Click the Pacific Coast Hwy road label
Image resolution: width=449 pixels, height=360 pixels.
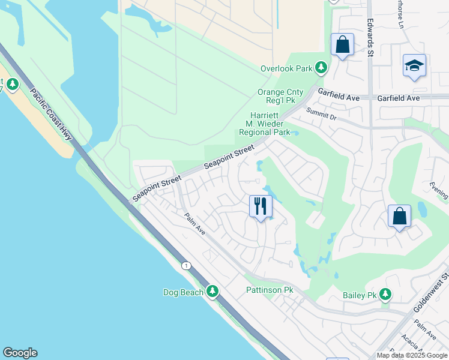pyautogui.click(x=51, y=115)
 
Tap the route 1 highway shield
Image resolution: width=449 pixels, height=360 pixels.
pyautogui.click(x=187, y=265)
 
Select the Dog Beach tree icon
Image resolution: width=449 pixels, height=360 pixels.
pyautogui.click(x=212, y=292)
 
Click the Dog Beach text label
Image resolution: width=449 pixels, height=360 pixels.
pyautogui.click(x=183, y=292)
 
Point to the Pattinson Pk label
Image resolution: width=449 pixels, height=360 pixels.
pyautogui.click(x=270, y=290)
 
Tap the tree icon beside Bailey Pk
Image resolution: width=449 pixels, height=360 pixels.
pyautogui.click(x=385, y=295)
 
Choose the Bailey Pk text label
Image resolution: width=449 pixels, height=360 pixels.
pyautogui.click(x=359, y=295)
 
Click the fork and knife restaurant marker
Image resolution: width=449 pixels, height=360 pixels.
pyautogui.click(x=261, y=206)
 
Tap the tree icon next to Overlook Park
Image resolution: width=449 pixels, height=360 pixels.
pyautogui.click(x=321, y=68)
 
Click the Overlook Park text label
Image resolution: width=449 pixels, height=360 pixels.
pyautogui.click(x=287, y=68)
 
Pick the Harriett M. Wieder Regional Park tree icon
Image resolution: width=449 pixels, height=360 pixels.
pyautogui.click(x=295, y=132)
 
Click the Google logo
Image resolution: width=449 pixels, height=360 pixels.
pyautogui.click(x=20, y=353)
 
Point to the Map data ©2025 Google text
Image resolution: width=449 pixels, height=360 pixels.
pyautogui.click(x=412, y=355)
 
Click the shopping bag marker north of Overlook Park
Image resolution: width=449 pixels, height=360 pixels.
pyautogui.click(x=342, y=44)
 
